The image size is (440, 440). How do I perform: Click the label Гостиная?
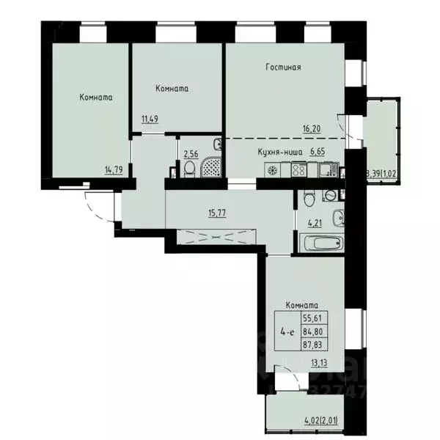(x=283, y=67)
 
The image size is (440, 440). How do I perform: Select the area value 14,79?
(x=113, y=170)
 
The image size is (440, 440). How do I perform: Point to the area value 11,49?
(x=150, y=117)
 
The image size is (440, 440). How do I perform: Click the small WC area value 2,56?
(x=191, y=155)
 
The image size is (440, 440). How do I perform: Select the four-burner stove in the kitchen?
(x=299, y=170)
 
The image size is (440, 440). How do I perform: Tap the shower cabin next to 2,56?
(x=211, y=167)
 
